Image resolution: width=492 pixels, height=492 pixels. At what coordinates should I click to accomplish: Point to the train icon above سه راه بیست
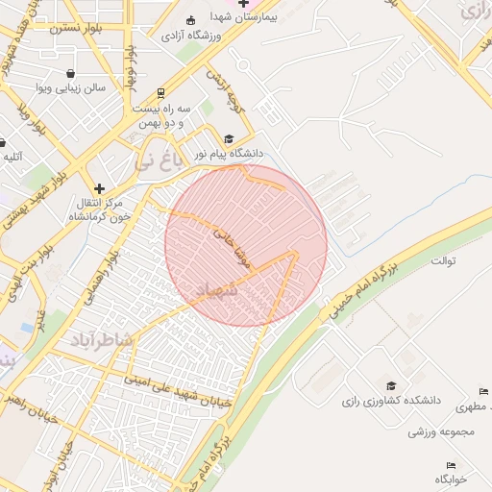160,94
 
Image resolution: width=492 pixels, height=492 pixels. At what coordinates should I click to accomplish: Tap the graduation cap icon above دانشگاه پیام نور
229,138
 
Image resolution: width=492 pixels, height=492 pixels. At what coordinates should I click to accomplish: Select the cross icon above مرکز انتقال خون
99,187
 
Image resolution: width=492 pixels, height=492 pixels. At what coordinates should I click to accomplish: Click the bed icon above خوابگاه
452,465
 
